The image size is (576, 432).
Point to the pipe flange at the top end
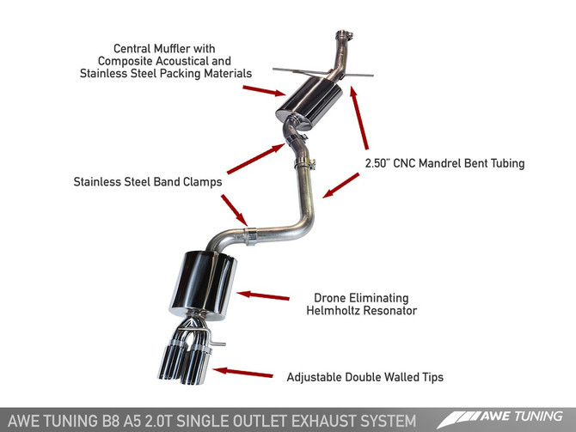pyautogui.click(x=343, y=37)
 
